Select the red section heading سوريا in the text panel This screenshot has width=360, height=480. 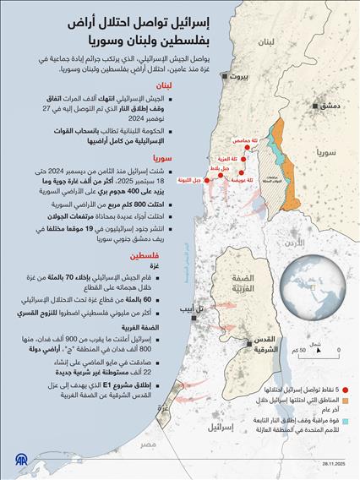[x=163, y=158]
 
